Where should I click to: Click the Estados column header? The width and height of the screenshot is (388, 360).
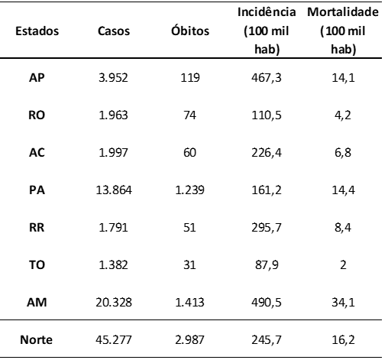[37, 31]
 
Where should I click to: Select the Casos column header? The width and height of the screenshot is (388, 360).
[114, 31]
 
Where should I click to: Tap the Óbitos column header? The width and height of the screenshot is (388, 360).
[190, 31]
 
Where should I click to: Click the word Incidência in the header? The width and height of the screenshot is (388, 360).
[267, 11]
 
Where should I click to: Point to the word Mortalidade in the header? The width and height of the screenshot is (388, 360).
[343, 12]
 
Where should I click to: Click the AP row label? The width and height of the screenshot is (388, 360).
[37, 77]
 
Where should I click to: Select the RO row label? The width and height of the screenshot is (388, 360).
[37, 115]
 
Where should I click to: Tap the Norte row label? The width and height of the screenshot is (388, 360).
[37, 339]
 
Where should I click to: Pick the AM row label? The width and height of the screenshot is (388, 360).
[37, 302]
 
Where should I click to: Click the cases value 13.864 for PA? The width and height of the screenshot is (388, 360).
[114, 190]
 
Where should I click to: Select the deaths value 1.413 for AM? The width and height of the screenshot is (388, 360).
[189, 303]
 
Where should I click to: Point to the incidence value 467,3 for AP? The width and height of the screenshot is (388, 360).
[267, 78]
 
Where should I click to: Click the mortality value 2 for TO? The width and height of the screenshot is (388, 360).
[343, 265]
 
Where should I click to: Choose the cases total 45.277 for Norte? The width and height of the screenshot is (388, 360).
[114, 340]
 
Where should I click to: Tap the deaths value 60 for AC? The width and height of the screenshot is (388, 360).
[189, 153]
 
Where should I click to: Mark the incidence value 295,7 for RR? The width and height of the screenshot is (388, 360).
[267, 228]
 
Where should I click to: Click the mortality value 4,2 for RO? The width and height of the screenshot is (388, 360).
[343, 115]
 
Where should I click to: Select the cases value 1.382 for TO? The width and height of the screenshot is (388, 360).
[113, 265]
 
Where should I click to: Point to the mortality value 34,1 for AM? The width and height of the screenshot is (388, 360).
[343, 303]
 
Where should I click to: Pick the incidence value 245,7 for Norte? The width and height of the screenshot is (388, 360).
[267, 340]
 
